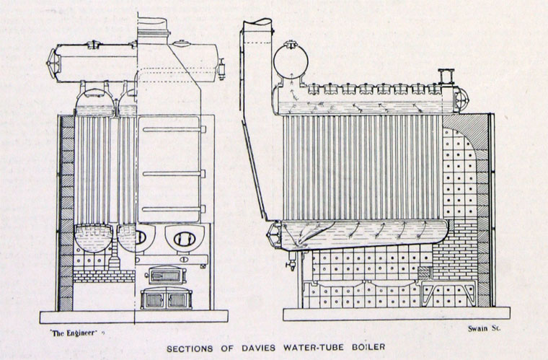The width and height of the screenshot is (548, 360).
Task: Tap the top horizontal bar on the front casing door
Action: coord(173,129)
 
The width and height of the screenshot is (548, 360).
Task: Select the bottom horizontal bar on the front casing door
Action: coord(173,209)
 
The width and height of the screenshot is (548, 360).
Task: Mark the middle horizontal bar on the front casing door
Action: coord(173,173)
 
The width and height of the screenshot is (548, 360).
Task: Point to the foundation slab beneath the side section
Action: coord(396,314)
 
